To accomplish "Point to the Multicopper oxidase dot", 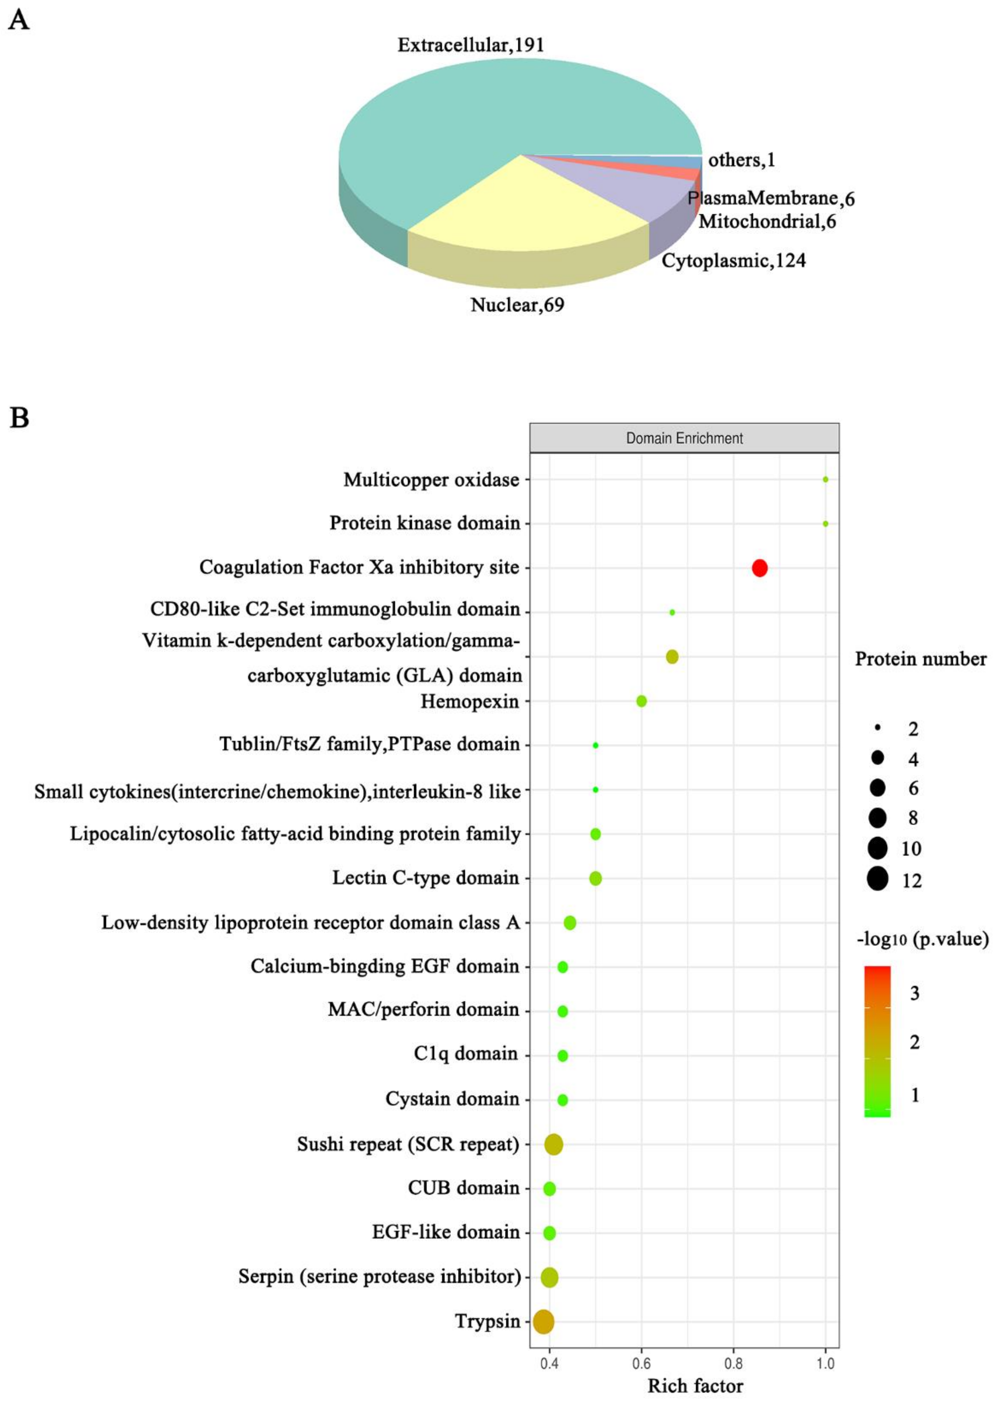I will point(825,479).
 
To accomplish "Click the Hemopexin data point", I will point(641,701).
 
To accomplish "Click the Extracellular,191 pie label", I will point(471,45).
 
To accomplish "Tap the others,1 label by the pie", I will point(742,160).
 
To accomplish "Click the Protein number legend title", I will point(920,659).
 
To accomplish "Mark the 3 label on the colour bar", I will point(915,993).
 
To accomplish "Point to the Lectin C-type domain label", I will point(425,878).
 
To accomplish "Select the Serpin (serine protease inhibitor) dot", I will point(549,1277).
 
